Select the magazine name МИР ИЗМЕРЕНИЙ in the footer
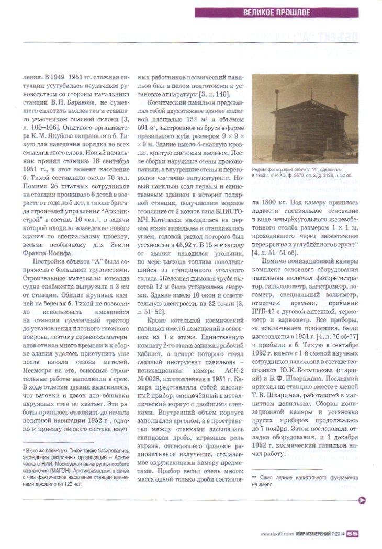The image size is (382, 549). click(x=311, y=534)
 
